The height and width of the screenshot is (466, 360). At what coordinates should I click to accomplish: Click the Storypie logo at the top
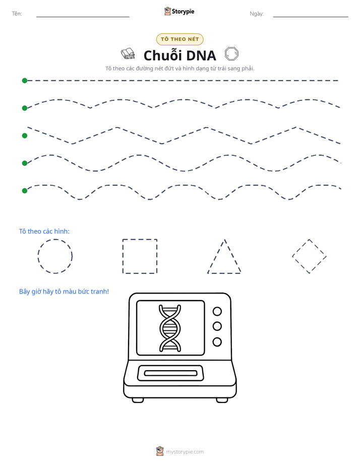(179, 11)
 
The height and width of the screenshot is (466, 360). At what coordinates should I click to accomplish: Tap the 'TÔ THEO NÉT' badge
(179, 39)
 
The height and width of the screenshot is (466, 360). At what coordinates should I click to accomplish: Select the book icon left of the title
(128, 53)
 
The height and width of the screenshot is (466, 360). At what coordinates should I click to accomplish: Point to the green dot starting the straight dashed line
(25, 81)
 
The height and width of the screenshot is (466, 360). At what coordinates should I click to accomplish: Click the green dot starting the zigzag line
(25, 136)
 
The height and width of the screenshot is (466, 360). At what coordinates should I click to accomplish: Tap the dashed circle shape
(55, 240)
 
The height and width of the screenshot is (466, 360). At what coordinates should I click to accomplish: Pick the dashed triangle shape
(216, 256)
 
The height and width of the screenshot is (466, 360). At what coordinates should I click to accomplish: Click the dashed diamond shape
(300, 248)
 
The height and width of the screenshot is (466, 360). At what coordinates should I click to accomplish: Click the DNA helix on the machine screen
(170, 328)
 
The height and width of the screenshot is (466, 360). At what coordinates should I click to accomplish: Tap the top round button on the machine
(217, 311)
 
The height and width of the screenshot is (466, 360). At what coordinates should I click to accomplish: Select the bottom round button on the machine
(217, 342)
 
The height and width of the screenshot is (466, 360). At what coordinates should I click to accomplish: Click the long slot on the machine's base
(171, 373)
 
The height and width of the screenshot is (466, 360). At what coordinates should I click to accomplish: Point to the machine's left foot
(138, 400)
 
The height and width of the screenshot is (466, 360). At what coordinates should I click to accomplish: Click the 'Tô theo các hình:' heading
(44, 231)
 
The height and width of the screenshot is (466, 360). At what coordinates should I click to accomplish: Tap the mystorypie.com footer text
(185, 452)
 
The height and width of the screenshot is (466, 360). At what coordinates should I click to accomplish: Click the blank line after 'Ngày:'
(311, 17)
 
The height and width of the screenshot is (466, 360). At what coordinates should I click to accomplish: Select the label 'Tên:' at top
(17, 14)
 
